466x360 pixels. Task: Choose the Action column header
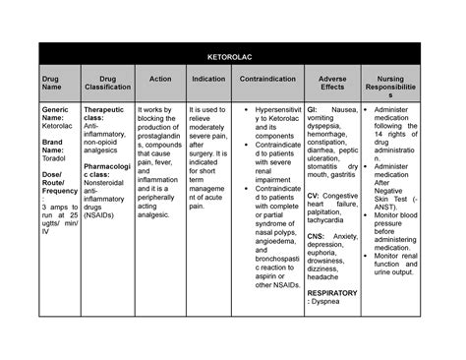click(x=159, y=78)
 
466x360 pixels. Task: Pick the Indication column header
click(x=208, y=78)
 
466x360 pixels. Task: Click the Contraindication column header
click(x=269, y=78)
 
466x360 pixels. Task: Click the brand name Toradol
click(x=54, y=155)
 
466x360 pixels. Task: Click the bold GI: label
click(x=312, y=109)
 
